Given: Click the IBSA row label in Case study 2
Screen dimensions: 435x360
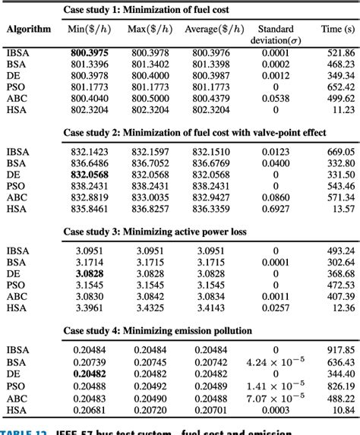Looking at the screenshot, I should [17, 150].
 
